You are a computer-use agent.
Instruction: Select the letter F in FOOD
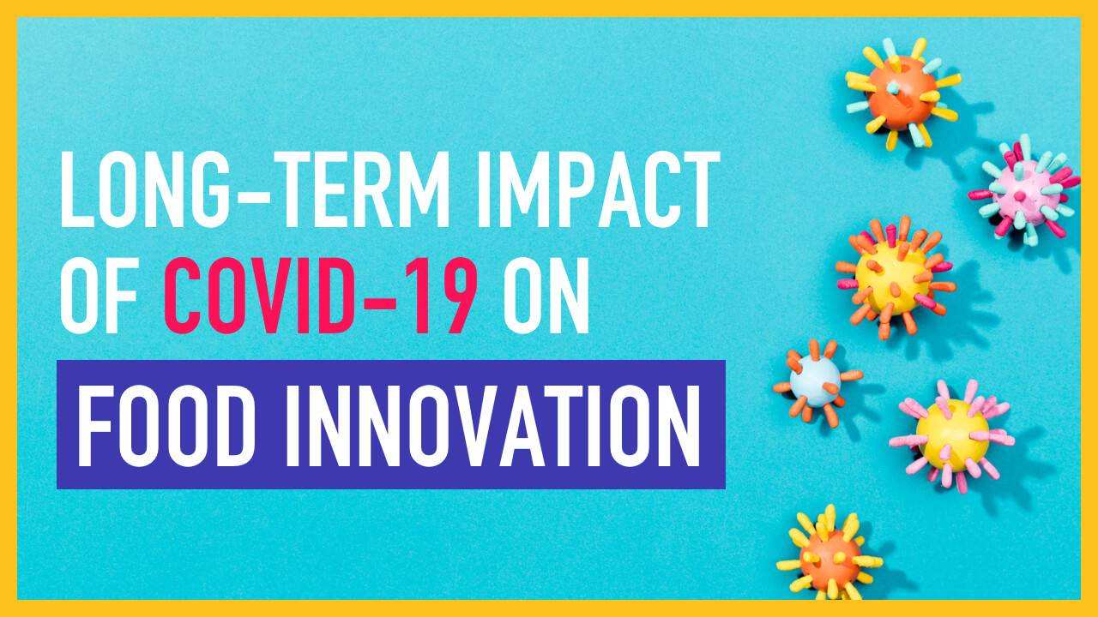(93, 425)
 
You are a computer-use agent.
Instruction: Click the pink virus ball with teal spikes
(1024, 191)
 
